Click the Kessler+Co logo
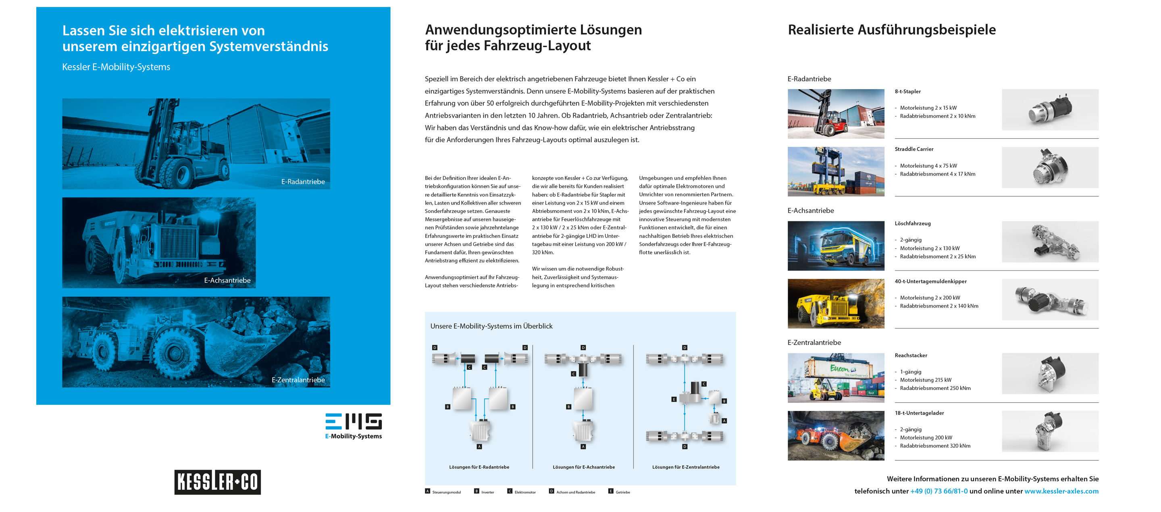point(217,482)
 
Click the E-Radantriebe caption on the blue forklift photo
point(303,182)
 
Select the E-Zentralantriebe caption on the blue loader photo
point(298,379)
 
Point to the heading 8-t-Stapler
point(907,92)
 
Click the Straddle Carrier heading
point(913,149)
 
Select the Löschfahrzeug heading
point(912,224)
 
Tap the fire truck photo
point(836,246)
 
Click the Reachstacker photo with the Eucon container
point(836,378)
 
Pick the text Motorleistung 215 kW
point(925,380)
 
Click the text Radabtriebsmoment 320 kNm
point(935,446)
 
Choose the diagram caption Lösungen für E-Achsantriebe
point(584,467)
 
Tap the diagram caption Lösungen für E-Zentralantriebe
point(685,467)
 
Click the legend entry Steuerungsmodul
point(446,492)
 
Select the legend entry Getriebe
point(622,492)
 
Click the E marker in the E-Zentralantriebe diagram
point(674,400)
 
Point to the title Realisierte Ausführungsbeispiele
point(891,30)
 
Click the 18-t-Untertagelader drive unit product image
point(1050,431)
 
